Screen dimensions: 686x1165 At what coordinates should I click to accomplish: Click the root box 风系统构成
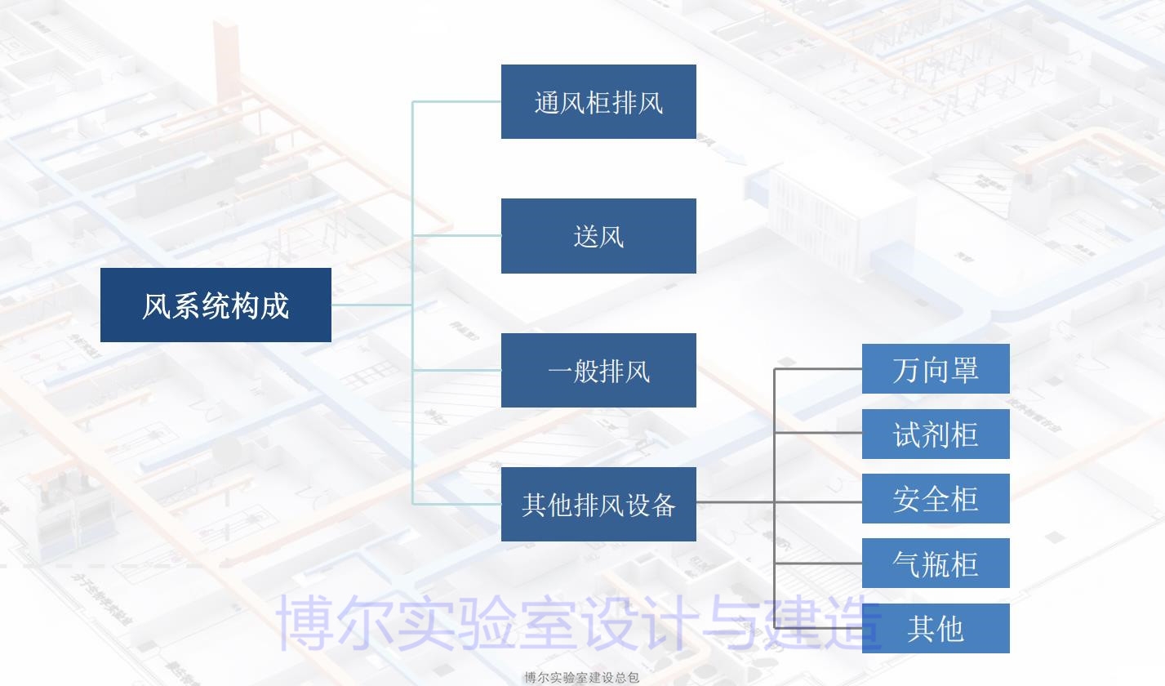coord(216,305)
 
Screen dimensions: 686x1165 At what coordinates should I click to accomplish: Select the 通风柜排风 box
coord(598,102)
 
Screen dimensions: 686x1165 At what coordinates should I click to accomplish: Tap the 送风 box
coord(598,236)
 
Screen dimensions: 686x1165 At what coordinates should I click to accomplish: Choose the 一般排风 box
coord(598,370)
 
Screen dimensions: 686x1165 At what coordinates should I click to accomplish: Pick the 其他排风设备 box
coord(598,504)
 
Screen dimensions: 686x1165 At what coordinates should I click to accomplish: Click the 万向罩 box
coord(936,369)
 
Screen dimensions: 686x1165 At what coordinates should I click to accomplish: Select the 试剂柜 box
coord(936,434)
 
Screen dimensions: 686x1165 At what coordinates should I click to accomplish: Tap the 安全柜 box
coord(936,498)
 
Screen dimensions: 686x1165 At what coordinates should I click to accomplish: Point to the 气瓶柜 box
coord(936,563)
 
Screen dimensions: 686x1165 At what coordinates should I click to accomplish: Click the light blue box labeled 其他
coord(936,628)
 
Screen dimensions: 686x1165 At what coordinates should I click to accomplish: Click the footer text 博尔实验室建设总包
coord(581,677)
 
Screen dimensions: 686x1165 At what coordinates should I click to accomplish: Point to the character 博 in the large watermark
coord(308,623)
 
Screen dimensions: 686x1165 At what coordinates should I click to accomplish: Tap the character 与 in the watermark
coord(737,623)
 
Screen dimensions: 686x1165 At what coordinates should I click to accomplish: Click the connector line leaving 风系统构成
coord(371,305)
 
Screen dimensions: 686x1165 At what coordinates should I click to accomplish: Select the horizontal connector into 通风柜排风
coord(457,102)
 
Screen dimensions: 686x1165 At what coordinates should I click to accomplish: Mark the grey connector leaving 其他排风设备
coord(735,501)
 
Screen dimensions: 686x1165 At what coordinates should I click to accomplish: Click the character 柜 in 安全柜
coord(964,499)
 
